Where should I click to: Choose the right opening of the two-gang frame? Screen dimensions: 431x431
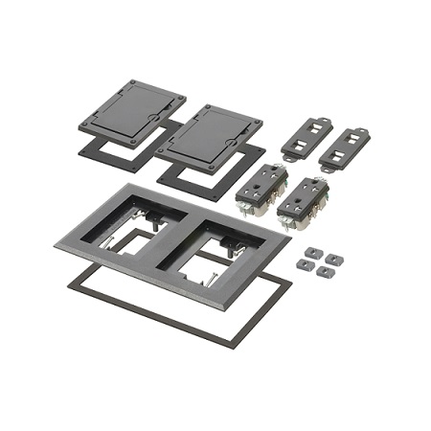pyautogui.click(x=202, y=251)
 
